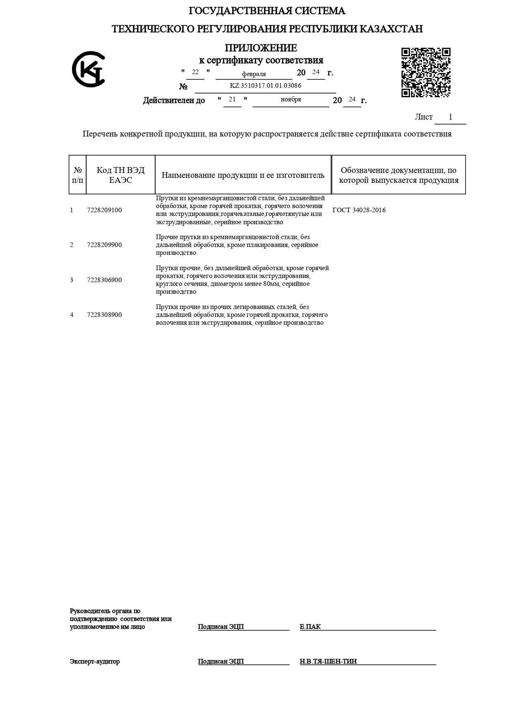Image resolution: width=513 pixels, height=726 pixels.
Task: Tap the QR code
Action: [x=426, y=72]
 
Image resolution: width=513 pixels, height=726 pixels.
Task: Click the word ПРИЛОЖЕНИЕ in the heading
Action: [x=261, y=48]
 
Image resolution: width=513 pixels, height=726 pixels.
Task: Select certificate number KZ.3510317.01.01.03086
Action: [x=265, y=86]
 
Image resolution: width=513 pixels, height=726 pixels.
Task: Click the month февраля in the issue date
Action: [x=254, y=74]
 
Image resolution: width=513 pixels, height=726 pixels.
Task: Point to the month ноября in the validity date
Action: [x=291, y=99]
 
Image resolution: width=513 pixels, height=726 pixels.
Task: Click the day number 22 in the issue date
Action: [x=195, y=72]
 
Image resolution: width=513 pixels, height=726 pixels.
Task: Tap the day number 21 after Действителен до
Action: [x=232, y=99]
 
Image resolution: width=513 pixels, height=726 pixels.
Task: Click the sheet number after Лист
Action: [x=451, y=117]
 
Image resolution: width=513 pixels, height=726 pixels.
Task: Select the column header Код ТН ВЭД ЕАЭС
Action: [x=120, y=175]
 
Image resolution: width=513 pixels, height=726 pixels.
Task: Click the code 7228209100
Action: [x=104, y=210]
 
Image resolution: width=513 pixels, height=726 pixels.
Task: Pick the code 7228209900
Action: [x=104, y=245]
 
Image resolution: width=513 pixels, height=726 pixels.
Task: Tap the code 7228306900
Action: [x=104, y=280]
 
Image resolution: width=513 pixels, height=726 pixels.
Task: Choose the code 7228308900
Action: [x=104, y=315]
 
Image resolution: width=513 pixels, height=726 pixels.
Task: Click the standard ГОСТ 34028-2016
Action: [x=359, y=210]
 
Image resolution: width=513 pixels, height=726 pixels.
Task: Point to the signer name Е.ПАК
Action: [x=310, y=627]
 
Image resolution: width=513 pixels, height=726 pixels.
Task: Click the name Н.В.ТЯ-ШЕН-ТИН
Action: [x=328, y=661]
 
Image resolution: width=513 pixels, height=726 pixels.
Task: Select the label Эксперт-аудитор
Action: [x=95, y=661]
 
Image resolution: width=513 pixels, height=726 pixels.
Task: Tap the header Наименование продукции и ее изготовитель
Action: [x=243, y=175]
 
